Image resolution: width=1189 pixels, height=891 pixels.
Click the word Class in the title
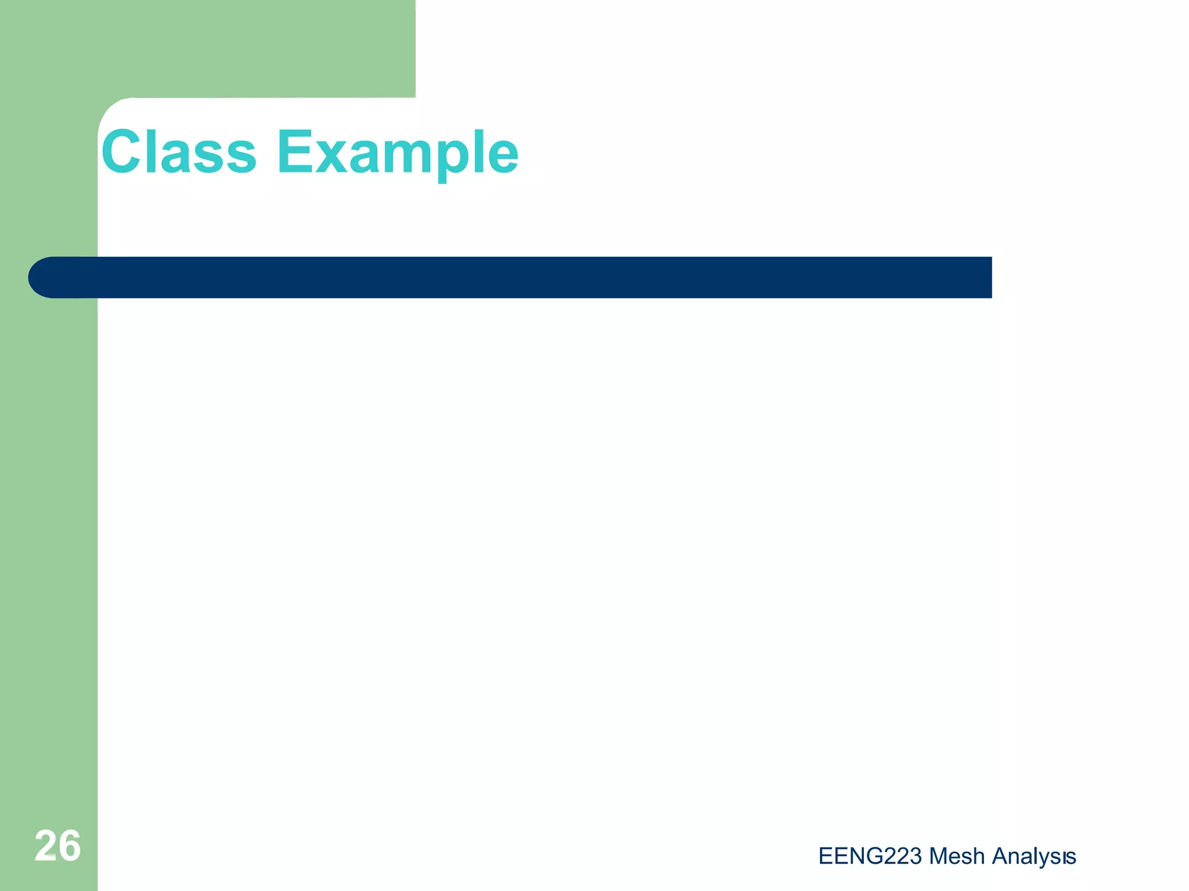click(x=179, y=152)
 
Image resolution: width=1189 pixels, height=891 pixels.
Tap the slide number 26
click(x=57, y=845)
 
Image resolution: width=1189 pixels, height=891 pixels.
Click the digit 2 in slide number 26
click(x=45, y=845)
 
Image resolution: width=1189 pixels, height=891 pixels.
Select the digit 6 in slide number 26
click(x=70, y=845)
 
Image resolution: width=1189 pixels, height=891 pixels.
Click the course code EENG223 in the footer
click(x=870, y=856)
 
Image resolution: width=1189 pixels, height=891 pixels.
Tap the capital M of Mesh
click(x=938, y=856)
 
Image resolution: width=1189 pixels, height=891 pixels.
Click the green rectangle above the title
click(x=232, y=46)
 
